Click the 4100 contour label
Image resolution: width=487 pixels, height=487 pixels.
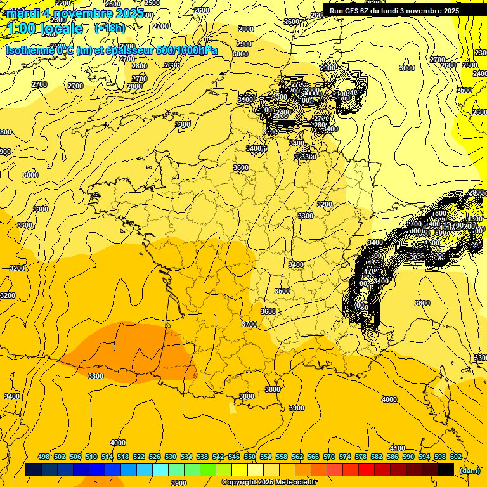[398, 448]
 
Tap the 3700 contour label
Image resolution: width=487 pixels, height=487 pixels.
[249, 324]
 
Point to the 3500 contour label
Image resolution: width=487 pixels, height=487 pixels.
[282, 291]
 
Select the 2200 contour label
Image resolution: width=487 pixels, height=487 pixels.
[63, 4]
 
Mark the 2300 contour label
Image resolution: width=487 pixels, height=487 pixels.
[328, 68]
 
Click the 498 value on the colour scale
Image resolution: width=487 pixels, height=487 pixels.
[44, 457]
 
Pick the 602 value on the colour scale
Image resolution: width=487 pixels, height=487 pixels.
[456, 457]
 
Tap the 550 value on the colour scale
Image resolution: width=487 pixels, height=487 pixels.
[250, 457]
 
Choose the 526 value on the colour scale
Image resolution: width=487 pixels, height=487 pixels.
[155, 457]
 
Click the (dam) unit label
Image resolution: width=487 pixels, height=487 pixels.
[469, 470]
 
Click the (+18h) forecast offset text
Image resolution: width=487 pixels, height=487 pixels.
[110, 28]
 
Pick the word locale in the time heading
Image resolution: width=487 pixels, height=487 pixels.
[62, 29]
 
